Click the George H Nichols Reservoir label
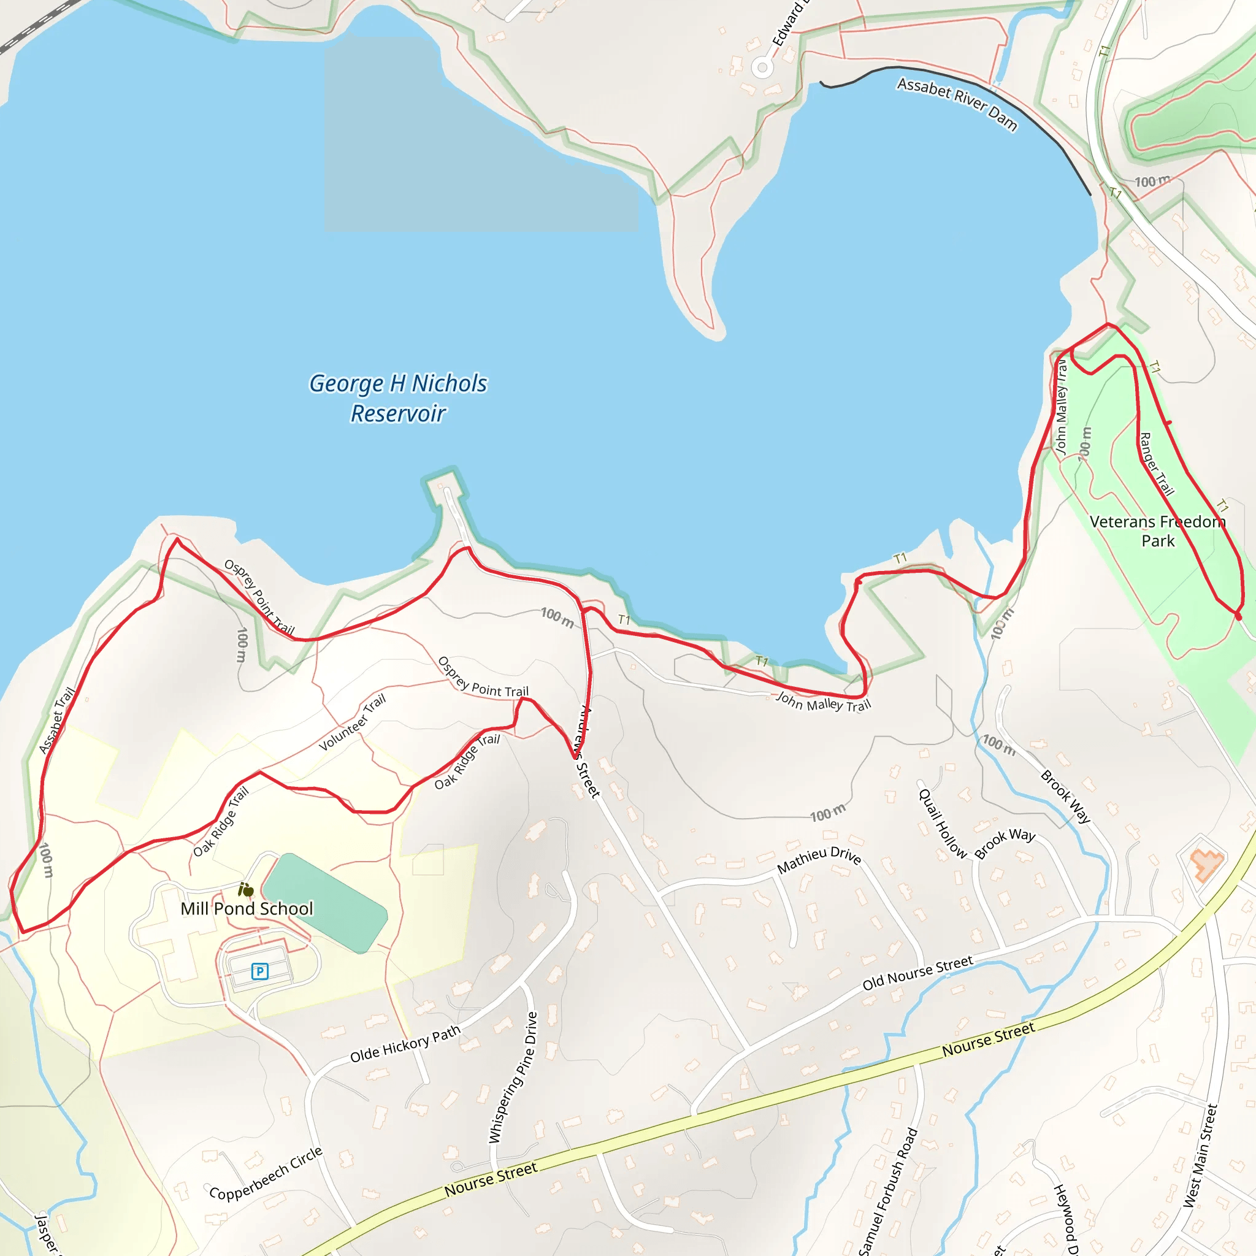click(x=398, y=398)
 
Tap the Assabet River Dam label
click(x=957, y=104)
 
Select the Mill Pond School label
click(x=247, y=908)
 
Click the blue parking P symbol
click(x=259, y=971)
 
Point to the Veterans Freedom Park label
click(x=1157, y=530)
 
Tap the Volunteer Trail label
click(x=353, y=722)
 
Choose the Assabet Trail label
click(x=56, y=721)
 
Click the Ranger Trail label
click(x=1157, y=464)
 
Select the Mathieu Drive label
click(x=819, y=859)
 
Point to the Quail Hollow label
click(x=942, y=822)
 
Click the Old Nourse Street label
click(x=917, y=973)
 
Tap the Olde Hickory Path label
click(x=405, y=1044)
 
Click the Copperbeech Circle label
click(x=266, y=1173)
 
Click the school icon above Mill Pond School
click(x=246, y=889)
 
